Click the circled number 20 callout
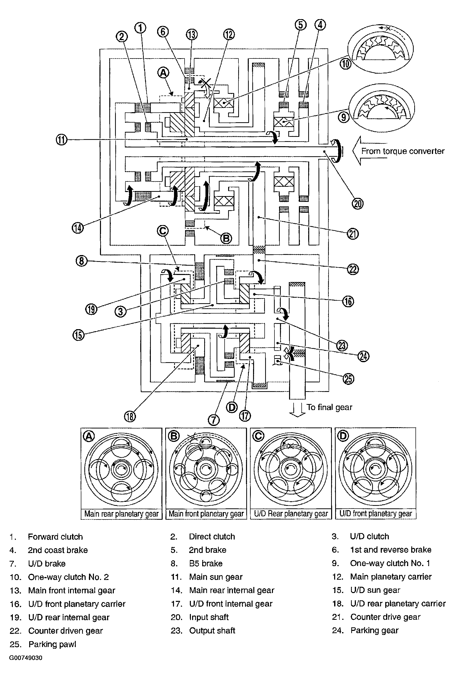point(358,204)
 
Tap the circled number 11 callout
point(61,140)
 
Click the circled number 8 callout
point(82,261)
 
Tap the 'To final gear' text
point(329,407)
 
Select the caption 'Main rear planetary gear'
point(121,514)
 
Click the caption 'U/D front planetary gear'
point(375,513)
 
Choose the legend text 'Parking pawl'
point(52,644)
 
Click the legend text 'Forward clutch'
point(55,537)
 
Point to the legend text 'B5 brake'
point(206,563)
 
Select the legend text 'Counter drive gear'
point(385,617)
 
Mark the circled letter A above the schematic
point(163,72)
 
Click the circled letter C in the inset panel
point(258,436)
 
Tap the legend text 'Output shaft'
point(212,631)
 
